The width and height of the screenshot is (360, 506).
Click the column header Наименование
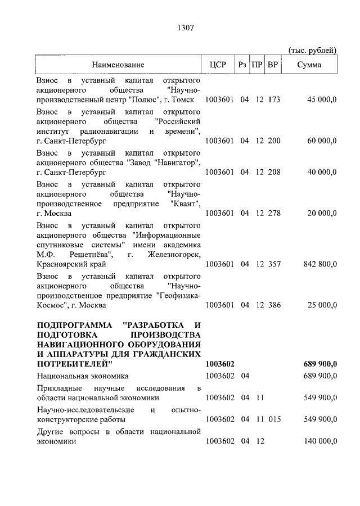tap(118, 65)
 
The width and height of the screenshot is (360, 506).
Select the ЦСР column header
tap(217, 65)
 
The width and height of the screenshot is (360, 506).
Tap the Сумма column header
tap(309, 65)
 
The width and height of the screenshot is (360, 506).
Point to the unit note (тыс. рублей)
tap(312, 50)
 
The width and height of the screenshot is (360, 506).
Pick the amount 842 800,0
tap(318, 264)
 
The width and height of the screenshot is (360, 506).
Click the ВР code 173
tap(274, 100)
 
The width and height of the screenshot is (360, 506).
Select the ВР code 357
tap(274, 264)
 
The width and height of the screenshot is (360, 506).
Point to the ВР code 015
tap(274, 419)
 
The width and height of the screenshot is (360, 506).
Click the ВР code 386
tap(274, 305)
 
